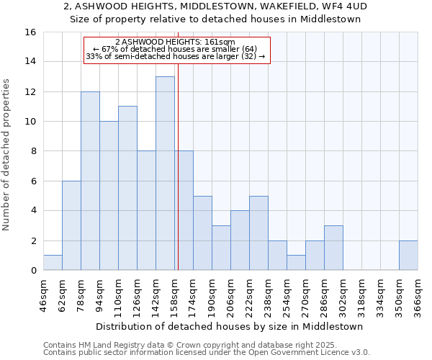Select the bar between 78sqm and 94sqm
coord(90,181)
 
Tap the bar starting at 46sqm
coord(53,263)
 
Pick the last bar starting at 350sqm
coord(408,256)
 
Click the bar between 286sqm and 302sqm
coord(333,248)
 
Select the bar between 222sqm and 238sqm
coord(258,233)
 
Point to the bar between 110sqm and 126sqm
coord(127,189)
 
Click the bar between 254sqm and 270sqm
coord(296,263)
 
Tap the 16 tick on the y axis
coord(31,32)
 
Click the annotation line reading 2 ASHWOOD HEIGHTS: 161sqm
coord(177,42)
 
